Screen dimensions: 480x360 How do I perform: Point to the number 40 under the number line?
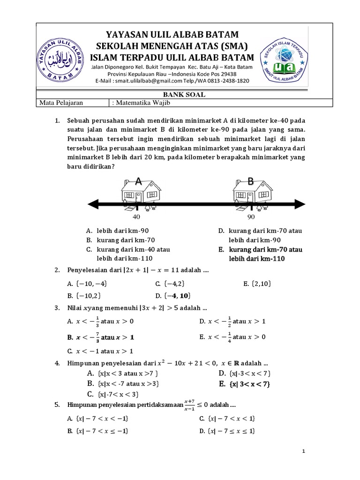137,217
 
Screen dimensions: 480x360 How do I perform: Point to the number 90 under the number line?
251,217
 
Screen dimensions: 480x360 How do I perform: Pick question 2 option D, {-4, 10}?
173,295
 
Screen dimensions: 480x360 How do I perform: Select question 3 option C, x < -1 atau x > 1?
100,351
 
